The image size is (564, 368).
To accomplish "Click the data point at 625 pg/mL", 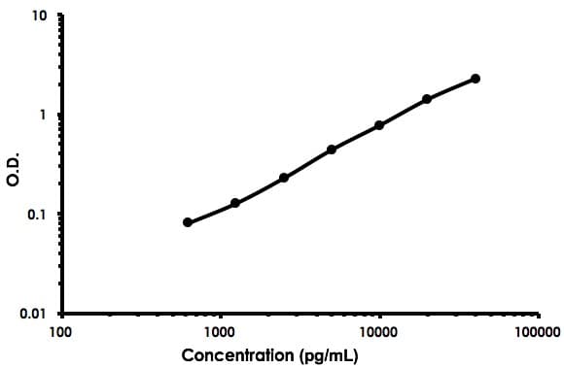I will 188,222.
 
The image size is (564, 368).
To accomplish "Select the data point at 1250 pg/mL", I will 235,203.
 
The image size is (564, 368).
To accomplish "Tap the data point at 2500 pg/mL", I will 284,178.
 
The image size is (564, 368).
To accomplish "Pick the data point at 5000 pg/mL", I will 332,150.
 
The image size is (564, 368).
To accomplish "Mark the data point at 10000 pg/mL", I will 379,125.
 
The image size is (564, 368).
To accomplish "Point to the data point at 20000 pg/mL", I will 427,99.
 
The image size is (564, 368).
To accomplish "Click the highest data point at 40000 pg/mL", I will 476,79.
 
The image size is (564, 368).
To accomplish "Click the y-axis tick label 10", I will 38,17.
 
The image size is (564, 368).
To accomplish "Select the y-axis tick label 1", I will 43,116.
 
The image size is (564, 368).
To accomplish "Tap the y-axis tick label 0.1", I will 37,215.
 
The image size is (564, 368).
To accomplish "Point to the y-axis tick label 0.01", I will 33,314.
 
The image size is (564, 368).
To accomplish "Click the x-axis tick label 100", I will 60,331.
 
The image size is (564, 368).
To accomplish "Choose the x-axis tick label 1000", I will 220,331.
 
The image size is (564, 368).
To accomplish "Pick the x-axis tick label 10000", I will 379,331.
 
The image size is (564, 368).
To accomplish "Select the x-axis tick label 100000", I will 538,331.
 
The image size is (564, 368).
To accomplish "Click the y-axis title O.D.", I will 14,167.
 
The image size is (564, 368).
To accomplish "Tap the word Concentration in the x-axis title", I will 240,354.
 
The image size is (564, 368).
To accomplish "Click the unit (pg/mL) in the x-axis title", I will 330,354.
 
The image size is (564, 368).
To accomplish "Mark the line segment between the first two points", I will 212,213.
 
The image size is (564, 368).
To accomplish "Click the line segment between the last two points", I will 451,88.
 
